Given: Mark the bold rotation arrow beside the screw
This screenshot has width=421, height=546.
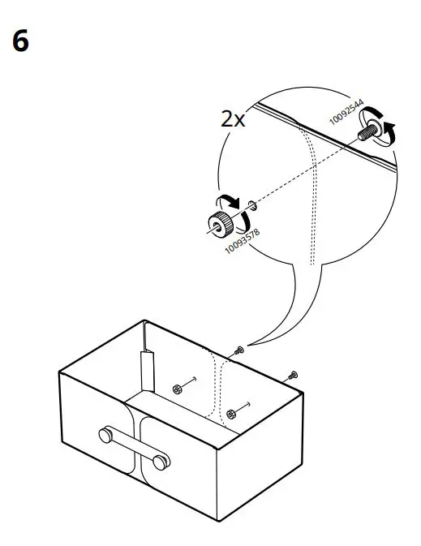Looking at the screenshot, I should pos(391,132).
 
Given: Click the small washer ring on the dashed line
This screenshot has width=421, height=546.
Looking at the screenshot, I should pos(253,205).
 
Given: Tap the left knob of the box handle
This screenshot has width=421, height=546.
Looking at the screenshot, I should pos(106,436).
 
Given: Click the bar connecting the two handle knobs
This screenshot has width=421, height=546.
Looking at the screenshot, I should pos(134,449).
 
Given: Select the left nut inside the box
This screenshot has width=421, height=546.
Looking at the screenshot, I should pos(176,389).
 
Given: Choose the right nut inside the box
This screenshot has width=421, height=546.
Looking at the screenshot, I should pos(231,414).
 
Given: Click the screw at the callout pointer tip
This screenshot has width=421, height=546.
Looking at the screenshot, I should pos(239,350).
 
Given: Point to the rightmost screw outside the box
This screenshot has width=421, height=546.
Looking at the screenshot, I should pos(293,375).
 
